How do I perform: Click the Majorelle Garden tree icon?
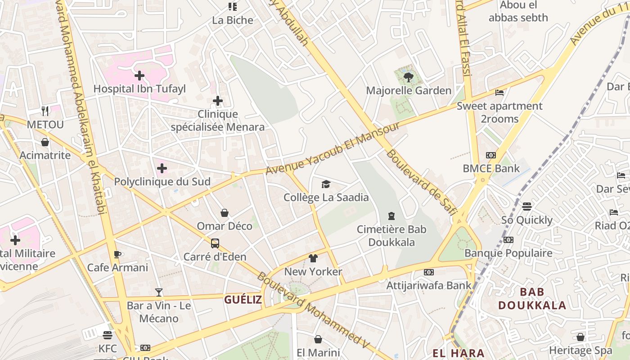pos(408,77)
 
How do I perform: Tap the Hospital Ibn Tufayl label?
pos(139,89)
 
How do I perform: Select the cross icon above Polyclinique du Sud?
pos(162,169)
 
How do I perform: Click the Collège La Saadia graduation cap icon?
pos(326,184)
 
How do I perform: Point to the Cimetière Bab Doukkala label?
pos(391,235)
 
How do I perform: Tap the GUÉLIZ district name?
pos(243,300)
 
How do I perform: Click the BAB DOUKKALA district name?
pos(532,298)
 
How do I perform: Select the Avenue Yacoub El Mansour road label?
pos(333,148)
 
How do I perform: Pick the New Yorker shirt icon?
pos(313,258)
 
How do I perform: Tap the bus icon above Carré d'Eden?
pos(215,243)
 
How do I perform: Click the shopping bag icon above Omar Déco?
pos(225,213)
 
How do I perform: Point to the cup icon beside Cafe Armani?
pos(117,254)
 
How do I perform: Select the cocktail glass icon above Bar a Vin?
pos(159,292)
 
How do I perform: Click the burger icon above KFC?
pos(107,335)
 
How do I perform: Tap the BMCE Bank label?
pos(491,169)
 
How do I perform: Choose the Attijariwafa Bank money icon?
pos(429,272)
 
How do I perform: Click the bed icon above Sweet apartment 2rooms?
pos(499,93)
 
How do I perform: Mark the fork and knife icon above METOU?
pos(45,111)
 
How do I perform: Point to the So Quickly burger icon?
pos(527,207)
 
